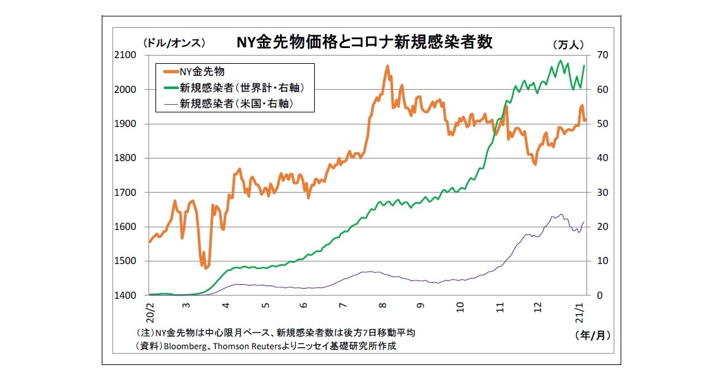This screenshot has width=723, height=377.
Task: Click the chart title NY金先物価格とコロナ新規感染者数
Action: (x=365, y=43)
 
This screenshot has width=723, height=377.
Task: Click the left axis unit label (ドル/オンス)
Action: (x=174, y=43)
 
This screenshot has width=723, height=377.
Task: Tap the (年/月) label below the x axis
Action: (x=593, y=335)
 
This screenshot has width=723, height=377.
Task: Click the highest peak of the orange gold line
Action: (x=387, y=66)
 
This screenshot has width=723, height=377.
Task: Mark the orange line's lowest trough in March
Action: (x=206, y=268)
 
